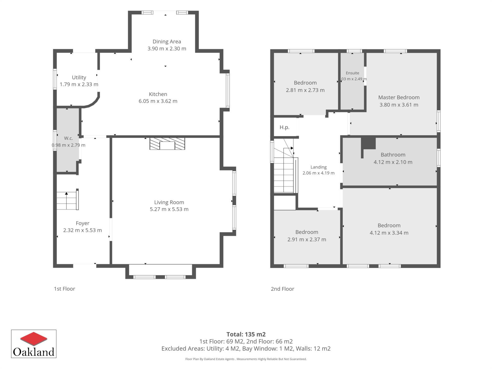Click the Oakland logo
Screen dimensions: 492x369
pyautogui.click(x=34, y=344)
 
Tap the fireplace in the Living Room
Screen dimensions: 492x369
pyautogui.click(x=167, y=143)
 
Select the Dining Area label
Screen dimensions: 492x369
pyautogui.click(x=167, y=42)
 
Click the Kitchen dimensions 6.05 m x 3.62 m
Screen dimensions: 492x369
pyautogui.click(x=158, y=101)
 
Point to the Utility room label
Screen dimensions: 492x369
pyautogui.click(x=79, y=77)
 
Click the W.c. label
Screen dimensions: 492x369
pyautogui.click(x=68, y=138)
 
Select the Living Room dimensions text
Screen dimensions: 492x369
pyautogui.click(x=169, y=209)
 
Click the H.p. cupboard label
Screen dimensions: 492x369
pyautogui.click(x=284, y=127)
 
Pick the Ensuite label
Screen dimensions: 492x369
pyautogui.click(x=352, y=73)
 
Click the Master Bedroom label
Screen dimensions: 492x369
pyautogui.click(x=399, y=97)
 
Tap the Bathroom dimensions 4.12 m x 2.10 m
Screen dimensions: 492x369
pyautogui.click(x=393, y=162)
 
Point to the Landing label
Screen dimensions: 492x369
pyautogui.click(x=319, y=167)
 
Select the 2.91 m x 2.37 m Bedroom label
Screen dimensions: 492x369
pyautogui.click(x=307, y=232)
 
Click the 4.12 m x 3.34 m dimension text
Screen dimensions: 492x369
pyautogui.click(x=389, y=233)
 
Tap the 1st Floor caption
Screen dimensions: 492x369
pyautogui.click(x=65, y=289)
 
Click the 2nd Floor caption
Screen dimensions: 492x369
pyautogui.click(x=282, y=289)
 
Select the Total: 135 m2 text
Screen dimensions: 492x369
pyautogui.click(x=246, y=334)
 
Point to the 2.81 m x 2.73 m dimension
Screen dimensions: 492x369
pyautogui.click(x=305, y=90)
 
